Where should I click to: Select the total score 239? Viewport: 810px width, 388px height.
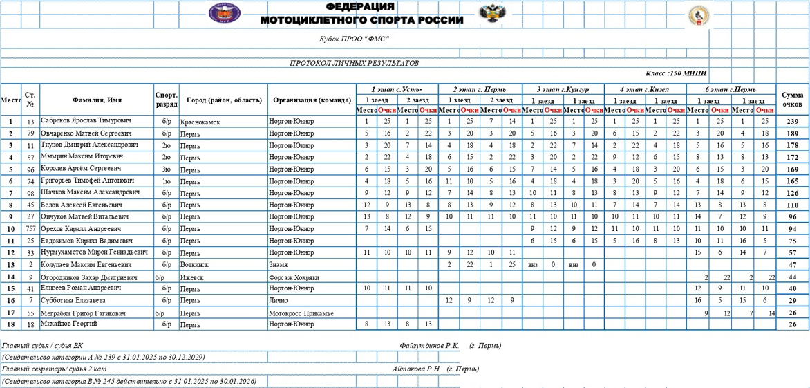point(792,122)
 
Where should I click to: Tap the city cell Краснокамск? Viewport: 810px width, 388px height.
point(200,122)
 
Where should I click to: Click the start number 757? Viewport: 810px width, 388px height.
point(30,229)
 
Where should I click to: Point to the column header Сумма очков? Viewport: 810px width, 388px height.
point(792,99)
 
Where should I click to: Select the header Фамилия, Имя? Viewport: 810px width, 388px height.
point(97,100)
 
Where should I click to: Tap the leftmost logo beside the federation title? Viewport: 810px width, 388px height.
point(225,13)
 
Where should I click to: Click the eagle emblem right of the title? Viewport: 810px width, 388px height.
point(491,12)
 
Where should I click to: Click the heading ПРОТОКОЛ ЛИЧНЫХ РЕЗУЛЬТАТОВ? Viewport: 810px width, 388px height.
point(354,63)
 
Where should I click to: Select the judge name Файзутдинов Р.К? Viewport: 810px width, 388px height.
point(429,345)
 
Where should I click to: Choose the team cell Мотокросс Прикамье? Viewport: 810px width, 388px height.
point(301,313)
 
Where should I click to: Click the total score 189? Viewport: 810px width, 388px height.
point(792,133)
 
